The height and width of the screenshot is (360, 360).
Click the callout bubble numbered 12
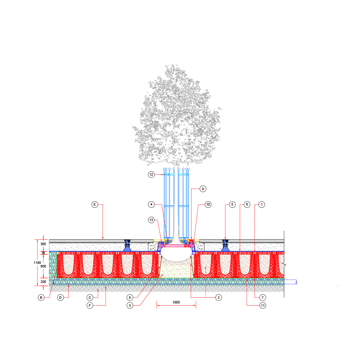(x=151, y=175)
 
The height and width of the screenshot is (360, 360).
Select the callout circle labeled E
(x=95, y=204)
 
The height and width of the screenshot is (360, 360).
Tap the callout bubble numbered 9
(x=203, y=189)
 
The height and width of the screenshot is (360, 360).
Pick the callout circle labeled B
(x=41, y=298)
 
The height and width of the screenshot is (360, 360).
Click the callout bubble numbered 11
(x=263, y=305)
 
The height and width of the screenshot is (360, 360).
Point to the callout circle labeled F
(x=90, y=305)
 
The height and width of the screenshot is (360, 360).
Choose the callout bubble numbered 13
(x=151, y=220)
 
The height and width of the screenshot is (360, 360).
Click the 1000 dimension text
(x=176, y=302)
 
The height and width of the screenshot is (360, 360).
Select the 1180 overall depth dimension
(x=37, y=263)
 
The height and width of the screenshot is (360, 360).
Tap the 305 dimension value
(x=43, y=244)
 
